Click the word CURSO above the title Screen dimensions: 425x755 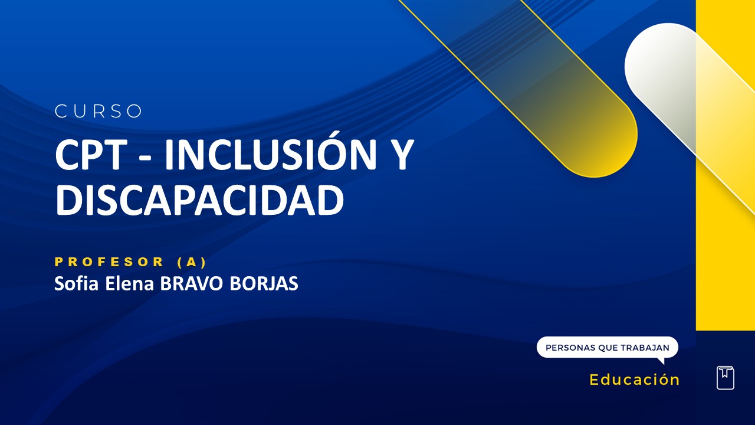pyautogui.click(x=99, y=111)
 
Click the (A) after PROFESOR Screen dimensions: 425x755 pyautogui.click(x=192, y=262)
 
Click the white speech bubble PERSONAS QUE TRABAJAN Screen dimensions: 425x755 pyautogui.click(x=607, y=348)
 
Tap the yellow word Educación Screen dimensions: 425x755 pyautogui.click(x=635, y=380)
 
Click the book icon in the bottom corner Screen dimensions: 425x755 pyautogui.click(x=726, y=378)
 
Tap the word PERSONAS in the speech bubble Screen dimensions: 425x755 pyautogui.click(x=570, y=348)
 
